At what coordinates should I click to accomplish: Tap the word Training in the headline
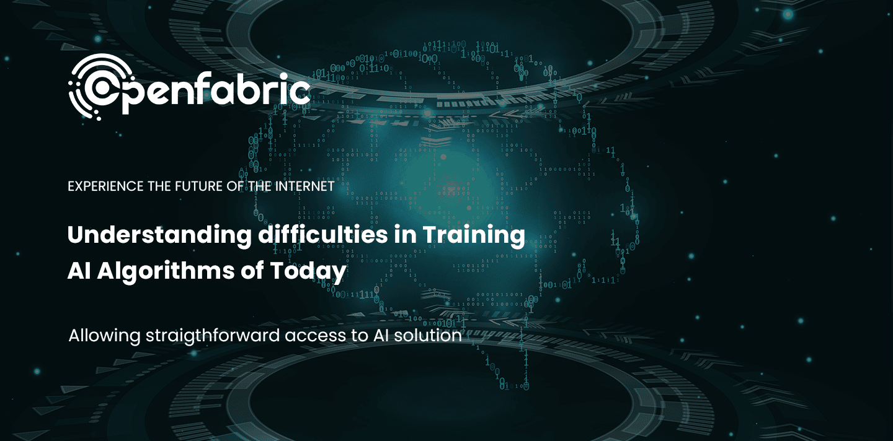pyautogui.click(x=474, y=236)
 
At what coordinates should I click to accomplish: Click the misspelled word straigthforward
pyautogui.click(x=214, y=336)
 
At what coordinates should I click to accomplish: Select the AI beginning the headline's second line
pyautogui.click(x=77, y=272)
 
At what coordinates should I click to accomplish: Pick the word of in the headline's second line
pyautogui.click(x=254, y=272)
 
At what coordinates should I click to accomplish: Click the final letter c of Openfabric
pyautogui.click(x=301, y=93)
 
